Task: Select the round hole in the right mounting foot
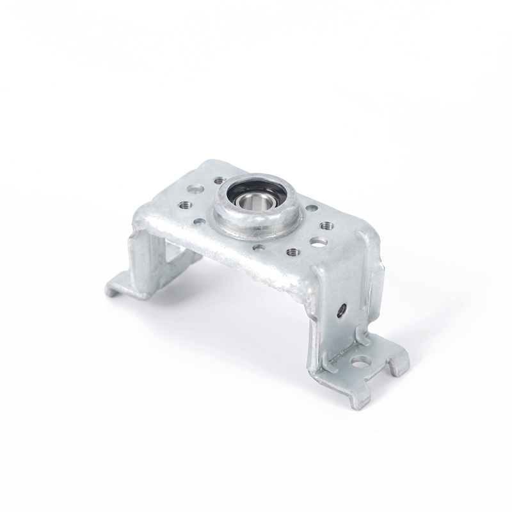[360, 362]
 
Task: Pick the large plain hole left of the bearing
[195, 189]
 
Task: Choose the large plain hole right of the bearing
[318, 242]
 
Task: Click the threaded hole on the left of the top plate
[185, 205]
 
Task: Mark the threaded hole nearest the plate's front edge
[294, 252]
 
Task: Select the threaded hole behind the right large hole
[327, 226]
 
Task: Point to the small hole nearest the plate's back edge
[219, 180]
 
